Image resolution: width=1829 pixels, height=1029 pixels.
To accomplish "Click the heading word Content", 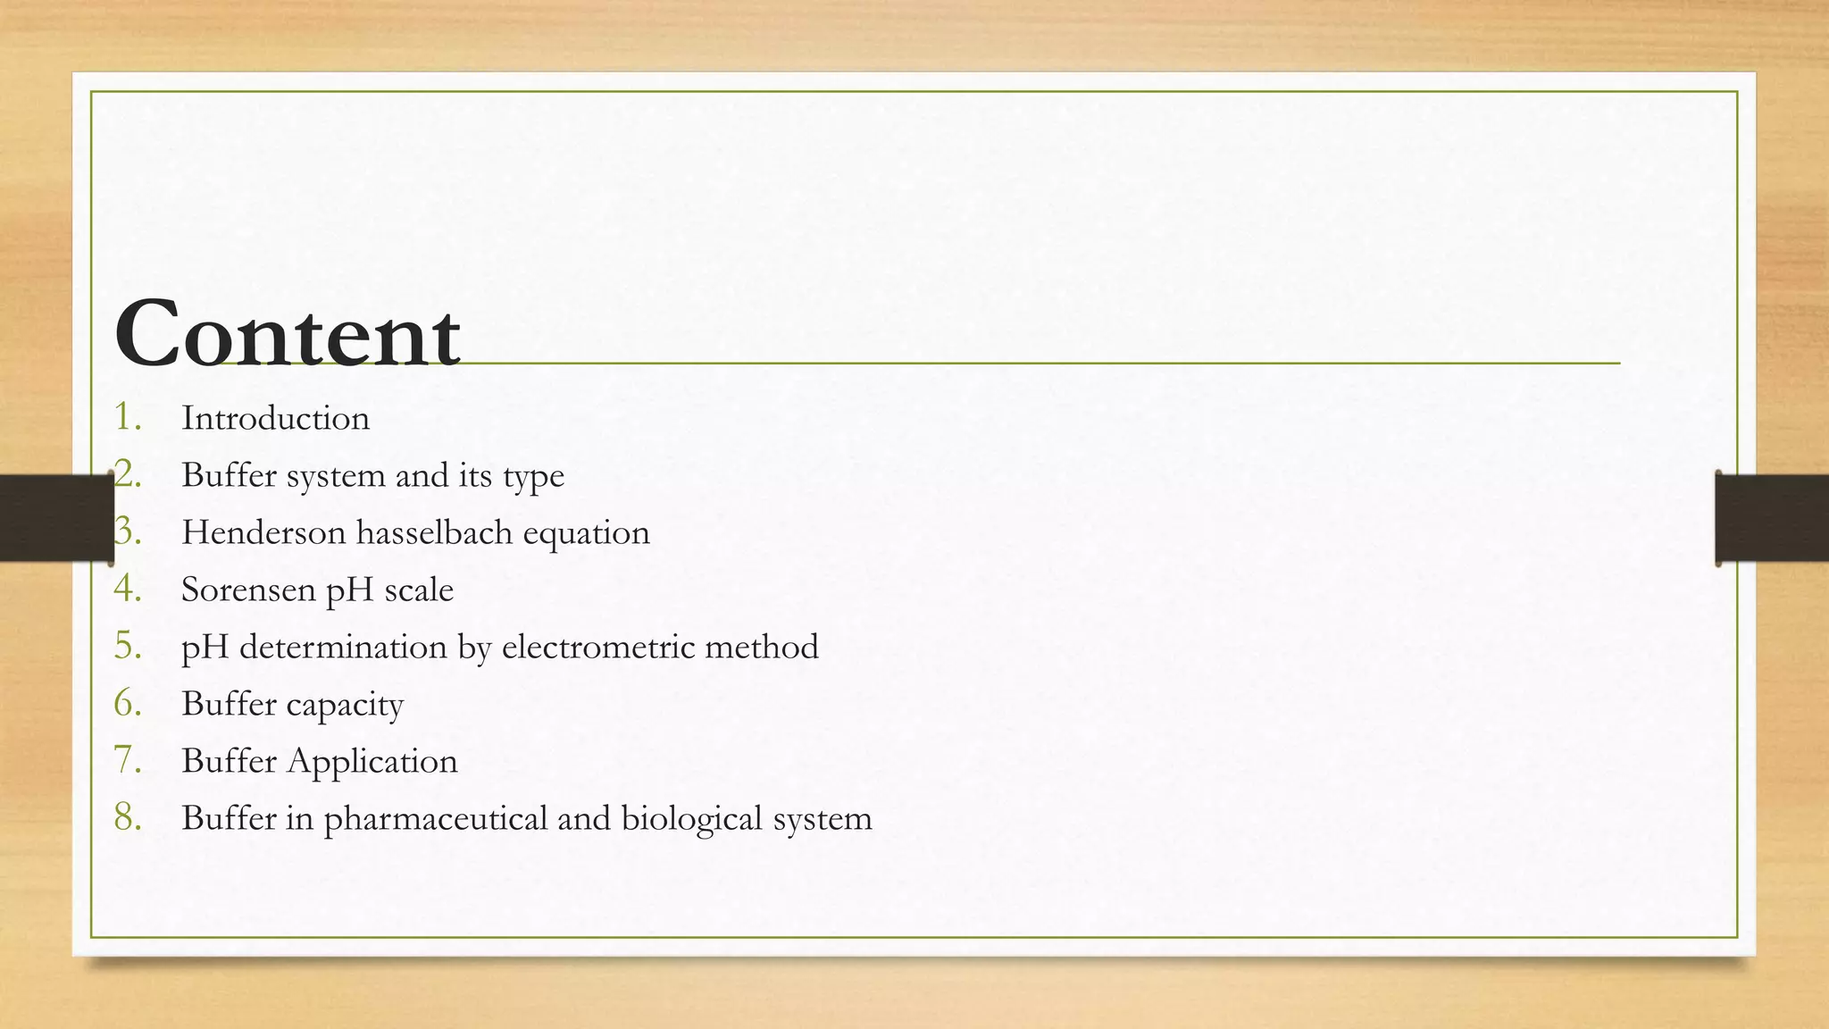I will tap(287, 335).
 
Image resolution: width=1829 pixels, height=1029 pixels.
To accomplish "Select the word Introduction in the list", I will tap(275, 418).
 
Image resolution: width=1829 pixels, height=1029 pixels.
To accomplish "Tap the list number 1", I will tap(128, 417).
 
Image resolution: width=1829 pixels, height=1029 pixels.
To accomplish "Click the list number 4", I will tap(128, 589).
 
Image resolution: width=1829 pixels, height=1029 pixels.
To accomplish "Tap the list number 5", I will tap(128, 646).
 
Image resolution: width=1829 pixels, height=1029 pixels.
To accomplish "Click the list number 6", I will tap(128, 703).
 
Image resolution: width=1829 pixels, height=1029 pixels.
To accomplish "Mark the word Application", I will tap(372, 762).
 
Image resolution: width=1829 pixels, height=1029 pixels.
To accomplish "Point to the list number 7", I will tap(128, 760).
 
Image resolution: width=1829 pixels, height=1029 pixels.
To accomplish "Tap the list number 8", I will tap(128, 817).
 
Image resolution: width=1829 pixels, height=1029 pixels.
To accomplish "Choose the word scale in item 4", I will tap(419, 590).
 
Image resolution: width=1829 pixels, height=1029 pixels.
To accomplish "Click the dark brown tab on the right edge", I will tap(1773, 518).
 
